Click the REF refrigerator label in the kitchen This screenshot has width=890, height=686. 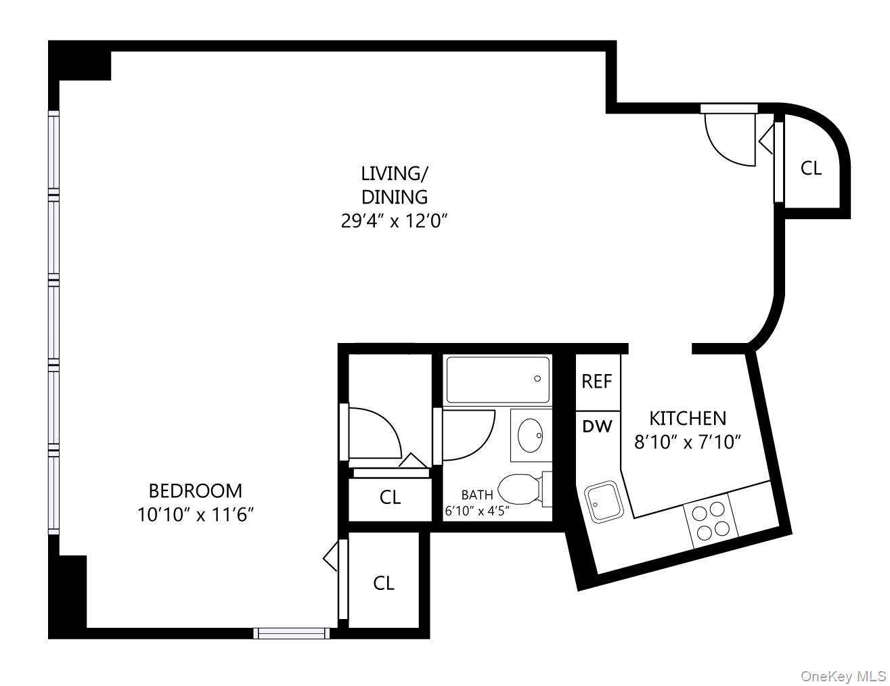point(596,382)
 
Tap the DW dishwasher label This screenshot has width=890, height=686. point(597,426)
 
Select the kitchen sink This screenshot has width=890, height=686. point(602,502)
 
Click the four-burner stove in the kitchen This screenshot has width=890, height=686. point(710,520)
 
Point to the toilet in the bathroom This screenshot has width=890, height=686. point(521,488)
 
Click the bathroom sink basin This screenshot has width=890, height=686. point(530,434)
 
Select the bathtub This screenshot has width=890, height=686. point(497,380)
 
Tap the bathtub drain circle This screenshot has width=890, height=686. point(538,379)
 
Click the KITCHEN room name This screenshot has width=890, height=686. point(688,418)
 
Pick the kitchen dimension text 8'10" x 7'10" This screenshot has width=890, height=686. point(688,442)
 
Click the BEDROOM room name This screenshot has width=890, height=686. point(195,490)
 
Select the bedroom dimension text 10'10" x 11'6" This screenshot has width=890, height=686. point(195,515)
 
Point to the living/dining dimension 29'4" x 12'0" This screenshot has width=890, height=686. point(395,221)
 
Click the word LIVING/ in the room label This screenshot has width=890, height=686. point(395,173)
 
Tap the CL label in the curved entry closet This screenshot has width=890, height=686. point(811,168)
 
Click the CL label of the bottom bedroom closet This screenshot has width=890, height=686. point(384,582)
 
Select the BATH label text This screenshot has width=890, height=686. point(477,495)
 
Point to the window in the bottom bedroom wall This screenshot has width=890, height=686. point(291,633)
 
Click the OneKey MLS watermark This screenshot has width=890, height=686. point(843,676)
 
